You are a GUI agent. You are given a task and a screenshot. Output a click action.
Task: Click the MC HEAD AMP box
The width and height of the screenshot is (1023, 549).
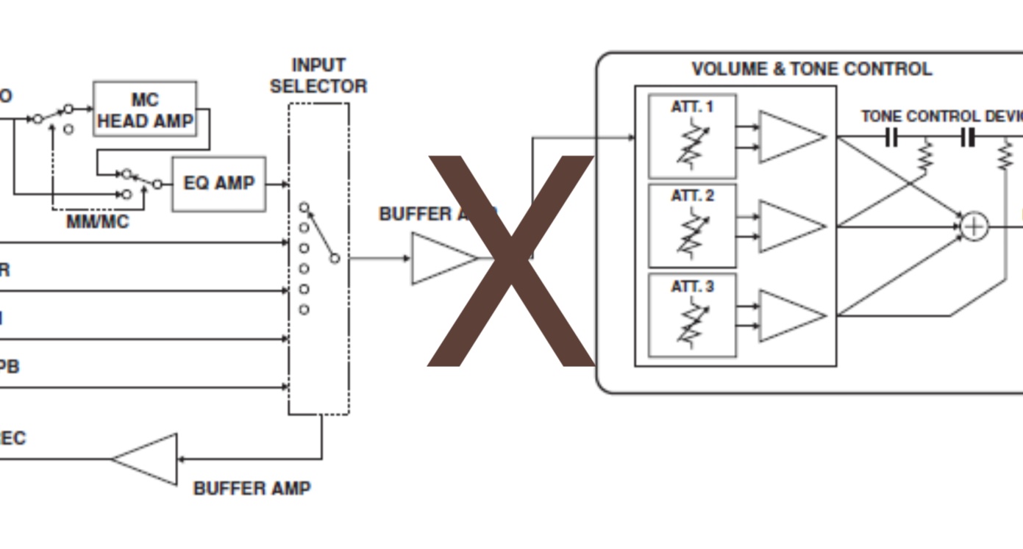point(145,109)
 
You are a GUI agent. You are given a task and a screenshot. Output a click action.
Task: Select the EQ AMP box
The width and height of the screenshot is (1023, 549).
point(218,184)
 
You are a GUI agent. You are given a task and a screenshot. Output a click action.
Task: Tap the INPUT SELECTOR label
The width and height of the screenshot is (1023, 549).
point(318,76)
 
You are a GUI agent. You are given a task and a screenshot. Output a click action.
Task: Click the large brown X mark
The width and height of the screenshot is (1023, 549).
point(510,260)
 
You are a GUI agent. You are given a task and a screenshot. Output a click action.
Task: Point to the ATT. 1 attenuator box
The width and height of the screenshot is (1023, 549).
point(692,136)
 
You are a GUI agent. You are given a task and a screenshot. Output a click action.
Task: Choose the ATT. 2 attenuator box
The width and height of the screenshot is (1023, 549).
point(692,226)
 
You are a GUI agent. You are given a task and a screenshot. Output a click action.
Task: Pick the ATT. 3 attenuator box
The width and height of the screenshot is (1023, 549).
point(692,315)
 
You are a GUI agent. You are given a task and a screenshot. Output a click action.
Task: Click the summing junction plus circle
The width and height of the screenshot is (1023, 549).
point(974,226)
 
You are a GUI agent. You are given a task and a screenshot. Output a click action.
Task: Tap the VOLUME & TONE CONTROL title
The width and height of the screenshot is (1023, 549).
point(811,69)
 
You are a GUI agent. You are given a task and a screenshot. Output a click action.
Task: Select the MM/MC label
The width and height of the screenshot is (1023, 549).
point(97,222)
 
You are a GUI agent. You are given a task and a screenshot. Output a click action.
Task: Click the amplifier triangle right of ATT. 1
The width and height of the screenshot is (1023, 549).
point(789,137)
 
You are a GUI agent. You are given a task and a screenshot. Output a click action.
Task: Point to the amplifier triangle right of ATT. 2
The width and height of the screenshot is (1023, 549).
point(789,226)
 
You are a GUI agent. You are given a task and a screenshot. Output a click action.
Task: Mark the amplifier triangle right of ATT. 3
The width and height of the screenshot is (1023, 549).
point(789,316)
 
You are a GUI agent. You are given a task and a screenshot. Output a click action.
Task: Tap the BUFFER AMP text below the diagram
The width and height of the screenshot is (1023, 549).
point(252,488)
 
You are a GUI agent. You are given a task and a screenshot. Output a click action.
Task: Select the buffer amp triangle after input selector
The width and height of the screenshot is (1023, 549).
point(441,258)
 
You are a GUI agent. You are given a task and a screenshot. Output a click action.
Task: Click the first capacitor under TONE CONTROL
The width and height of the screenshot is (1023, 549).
point(891,137)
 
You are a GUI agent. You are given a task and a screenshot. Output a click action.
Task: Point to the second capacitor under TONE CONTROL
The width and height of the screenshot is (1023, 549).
point(968,137)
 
